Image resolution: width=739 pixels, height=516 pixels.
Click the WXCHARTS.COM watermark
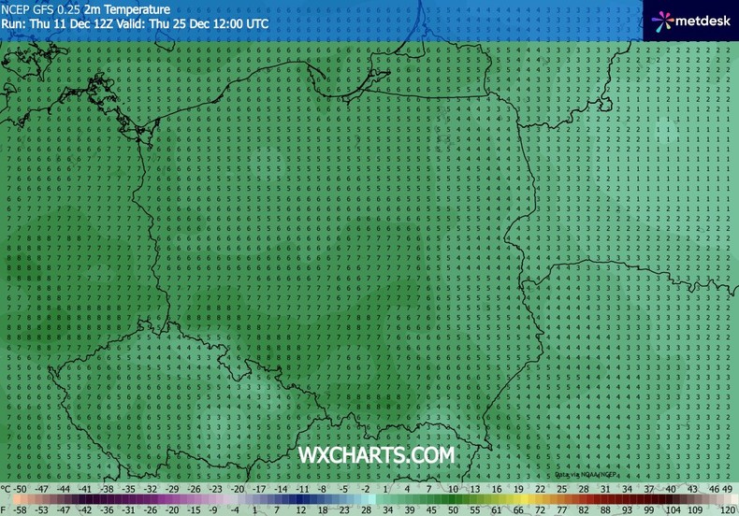(376, 455)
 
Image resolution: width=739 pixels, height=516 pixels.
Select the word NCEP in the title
(16, 8)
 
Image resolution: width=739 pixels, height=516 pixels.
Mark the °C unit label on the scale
(6, 489)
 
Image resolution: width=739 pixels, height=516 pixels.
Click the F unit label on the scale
(5, 509)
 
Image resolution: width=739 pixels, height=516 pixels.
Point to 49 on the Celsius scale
(727, 489)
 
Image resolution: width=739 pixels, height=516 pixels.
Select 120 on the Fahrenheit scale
(727, 509)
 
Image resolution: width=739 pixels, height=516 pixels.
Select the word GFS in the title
(45, 8)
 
